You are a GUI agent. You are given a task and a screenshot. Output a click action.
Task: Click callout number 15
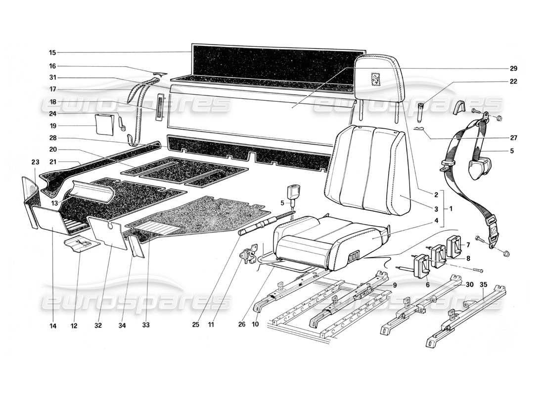coord(52,52)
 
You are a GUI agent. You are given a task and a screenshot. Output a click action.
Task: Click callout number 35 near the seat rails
coord(484,284)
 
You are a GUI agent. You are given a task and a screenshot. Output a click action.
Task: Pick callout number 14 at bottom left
coord(52,325)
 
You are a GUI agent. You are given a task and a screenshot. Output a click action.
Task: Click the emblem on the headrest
coord(375,79)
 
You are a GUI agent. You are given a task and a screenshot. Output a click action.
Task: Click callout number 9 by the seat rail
coord(395,285)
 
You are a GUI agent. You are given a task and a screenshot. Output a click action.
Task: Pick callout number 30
coord(469,284)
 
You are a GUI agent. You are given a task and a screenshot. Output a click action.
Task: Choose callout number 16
coord(52,66)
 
